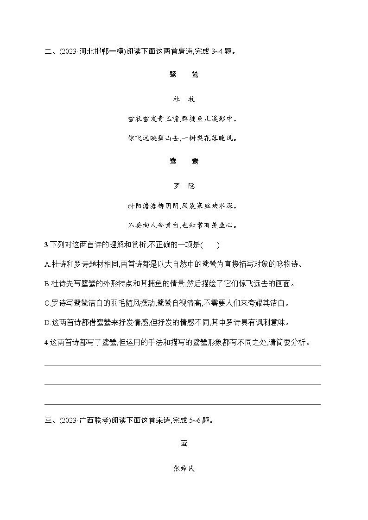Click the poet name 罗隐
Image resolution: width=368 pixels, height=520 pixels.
point(184,186)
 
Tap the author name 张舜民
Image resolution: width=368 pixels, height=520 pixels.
point(184,469)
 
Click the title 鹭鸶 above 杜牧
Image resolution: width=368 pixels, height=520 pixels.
point(184,74)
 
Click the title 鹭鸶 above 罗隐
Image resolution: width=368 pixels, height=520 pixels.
point(184,161)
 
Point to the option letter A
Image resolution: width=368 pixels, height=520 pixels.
point(47,264)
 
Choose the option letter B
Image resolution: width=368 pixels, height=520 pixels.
point(47,284)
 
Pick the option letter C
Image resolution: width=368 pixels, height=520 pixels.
point(47,303)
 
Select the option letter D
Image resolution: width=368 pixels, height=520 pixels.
point(47,323)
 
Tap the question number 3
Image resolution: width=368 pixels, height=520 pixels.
point(45,245)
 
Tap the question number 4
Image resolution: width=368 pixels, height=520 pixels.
point(45,343)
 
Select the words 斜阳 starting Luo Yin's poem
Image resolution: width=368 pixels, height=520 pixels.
point(133,205)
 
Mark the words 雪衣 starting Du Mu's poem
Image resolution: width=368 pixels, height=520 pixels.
point(133,119)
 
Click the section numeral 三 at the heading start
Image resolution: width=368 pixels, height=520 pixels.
point(47,421)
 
